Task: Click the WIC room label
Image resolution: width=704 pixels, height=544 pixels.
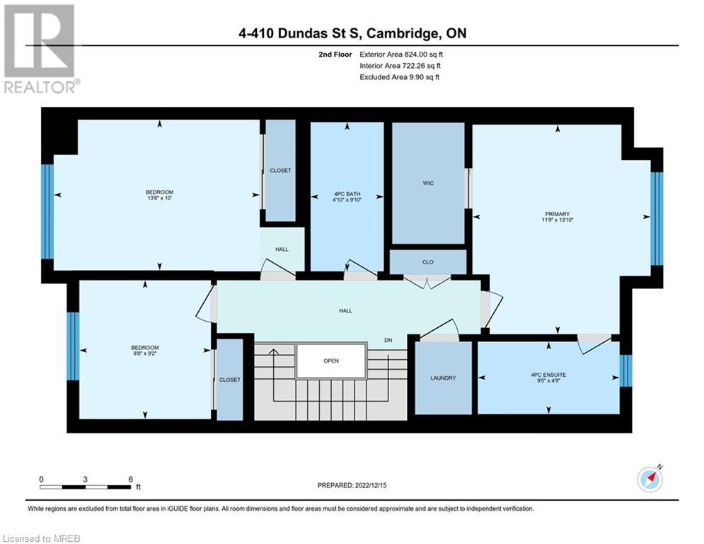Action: pyautogui.click(x=428, y=183)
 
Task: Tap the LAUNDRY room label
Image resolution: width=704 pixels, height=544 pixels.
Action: pyautogui.click(x=443, y=378)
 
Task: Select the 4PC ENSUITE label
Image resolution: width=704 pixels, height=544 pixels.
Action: pyautogui.click(x=548, y=375)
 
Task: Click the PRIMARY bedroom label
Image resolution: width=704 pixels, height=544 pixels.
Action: pyautogui.click(x=557, y=214)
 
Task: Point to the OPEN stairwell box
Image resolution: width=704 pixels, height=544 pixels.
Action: pyautogui.click(x=331, y=361)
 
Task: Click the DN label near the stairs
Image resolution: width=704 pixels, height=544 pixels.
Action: pyautogui.click(x=388, y=340)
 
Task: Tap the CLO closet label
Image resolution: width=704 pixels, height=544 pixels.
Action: pyautogui.click(x=428, y=261)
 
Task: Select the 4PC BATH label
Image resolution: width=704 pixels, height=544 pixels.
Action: pyautogui.click(x=347, y=194)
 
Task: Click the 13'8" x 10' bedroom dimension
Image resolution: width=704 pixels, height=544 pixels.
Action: pyautogui.click(x=159, y=198)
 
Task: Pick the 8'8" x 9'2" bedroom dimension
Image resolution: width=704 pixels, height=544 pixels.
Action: pyautogui.click(x=145, y=353)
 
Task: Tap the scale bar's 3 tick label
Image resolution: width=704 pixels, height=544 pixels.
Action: pyautogui.click(x=85, y=480)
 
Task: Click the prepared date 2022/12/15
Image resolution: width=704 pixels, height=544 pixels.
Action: pyautogui.click(x=371, y=485)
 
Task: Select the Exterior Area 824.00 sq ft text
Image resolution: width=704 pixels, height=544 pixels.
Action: pyautogui.click(x=401, y=55)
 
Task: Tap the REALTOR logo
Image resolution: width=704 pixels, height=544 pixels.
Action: pyautogui.click(x=41, y=49)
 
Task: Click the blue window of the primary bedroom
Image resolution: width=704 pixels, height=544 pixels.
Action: pyautogui.click(x=657, y=218)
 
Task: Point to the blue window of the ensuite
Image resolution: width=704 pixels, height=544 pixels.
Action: pyautogui.click(x=625, y=371)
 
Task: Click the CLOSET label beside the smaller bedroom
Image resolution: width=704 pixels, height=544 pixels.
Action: pyautogui.click(x=230, y=380)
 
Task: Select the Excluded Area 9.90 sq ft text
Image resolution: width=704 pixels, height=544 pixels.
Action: pyautogui.click(x=400, y=77)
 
